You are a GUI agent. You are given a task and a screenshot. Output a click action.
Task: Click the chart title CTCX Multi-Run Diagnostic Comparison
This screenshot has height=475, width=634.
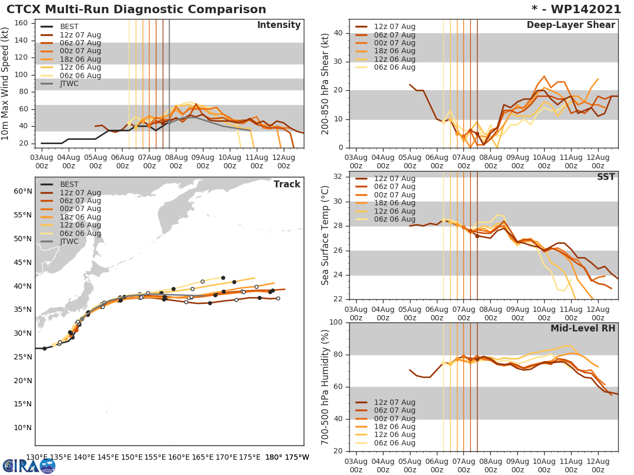click(136, 9)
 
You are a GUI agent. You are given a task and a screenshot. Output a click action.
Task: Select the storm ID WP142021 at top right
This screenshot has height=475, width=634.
click(581, 9)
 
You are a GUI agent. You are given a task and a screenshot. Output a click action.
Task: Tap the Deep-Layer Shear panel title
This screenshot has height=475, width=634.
click(571, 25)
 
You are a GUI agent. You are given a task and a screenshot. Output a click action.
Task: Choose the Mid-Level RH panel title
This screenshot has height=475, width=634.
click(583, 328)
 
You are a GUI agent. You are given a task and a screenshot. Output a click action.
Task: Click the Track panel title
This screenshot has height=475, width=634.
click(287, 184)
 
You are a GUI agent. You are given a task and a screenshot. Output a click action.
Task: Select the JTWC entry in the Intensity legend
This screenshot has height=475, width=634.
click(69, 83)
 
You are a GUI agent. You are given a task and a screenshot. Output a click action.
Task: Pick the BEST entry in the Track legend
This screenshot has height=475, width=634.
click(69, 184)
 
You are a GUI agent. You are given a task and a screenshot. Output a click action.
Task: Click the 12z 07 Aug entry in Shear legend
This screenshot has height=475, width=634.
click(395, 26)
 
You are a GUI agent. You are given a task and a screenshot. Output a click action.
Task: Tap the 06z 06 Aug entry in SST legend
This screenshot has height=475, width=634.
click(395, 219)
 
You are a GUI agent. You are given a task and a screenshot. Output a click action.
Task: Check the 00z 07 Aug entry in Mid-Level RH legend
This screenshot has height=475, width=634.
click(395, 419)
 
